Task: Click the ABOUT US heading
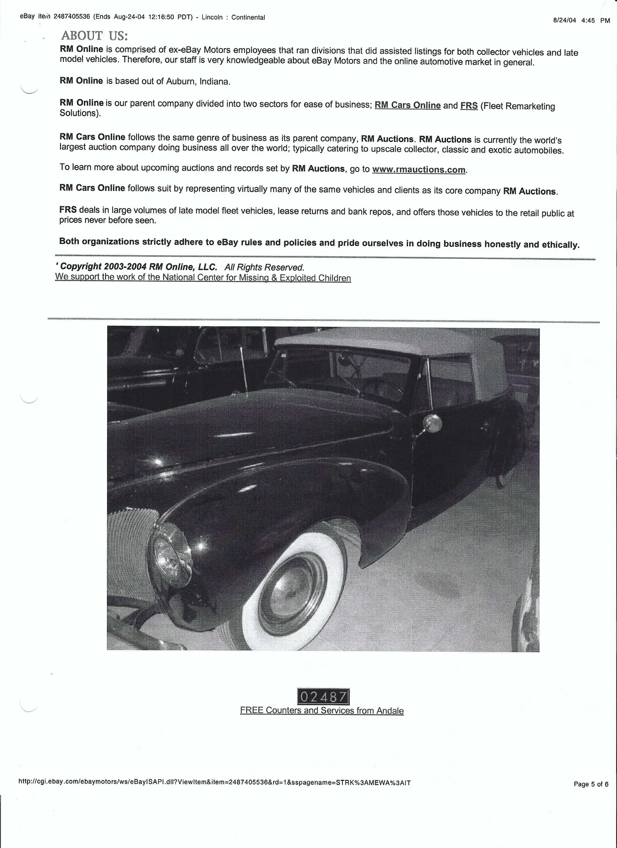point(94,36)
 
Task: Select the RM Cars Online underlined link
point(407,106)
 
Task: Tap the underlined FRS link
point(469,106)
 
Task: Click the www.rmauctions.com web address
point(419,170)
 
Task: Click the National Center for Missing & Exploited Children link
point(203,278)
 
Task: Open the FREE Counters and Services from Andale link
point(322,711)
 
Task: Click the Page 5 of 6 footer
point(591,784)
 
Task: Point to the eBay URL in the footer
point(214,783)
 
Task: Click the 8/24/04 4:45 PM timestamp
point(581,21)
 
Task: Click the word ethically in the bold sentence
point(560,244)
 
